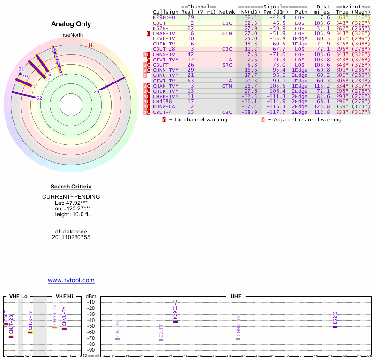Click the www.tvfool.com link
tap(71, 280)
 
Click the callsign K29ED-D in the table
tap(164, 17)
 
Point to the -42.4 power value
tap(277, 17)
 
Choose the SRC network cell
tap(227, 65)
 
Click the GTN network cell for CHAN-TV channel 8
tap(227, 33)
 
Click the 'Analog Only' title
tap(71, 24)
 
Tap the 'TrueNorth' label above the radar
tap(71, 35)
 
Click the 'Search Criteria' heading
tap(71, 187)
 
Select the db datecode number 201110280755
tap(71, 238)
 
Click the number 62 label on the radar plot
tap(39, 98)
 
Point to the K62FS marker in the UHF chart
tap(335, 326)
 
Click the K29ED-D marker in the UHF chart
tap(175, 322)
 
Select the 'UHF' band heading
tap(236, 296)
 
